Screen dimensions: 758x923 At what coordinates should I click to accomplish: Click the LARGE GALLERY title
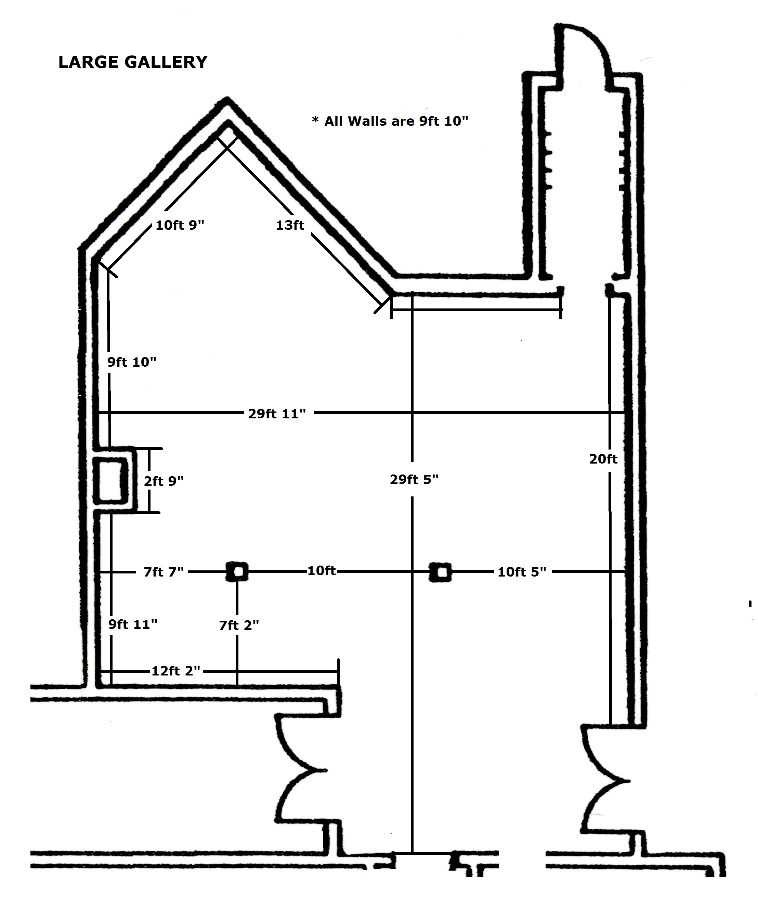pyautogui.click(x=133, y=62)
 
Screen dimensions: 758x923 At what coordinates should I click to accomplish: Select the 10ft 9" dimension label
pyautogui.click(x=180, y=225)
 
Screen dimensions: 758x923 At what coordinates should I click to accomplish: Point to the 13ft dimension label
pyautogui.click(x=290, y=225)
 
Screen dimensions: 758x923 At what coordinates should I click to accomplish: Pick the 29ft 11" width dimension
pyautogui.click(x=277, y=414)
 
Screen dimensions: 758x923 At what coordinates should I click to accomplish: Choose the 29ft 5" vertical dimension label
pyautogui.click(x=414, y=479)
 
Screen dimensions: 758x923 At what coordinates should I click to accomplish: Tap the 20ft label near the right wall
pyautogui.click(x=603, y=459)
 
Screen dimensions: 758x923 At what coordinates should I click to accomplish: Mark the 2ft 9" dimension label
pyautogui.click(x=164, y=481)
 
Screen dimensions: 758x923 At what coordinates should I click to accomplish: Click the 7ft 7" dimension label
pyautogui.click(x=164, y=572)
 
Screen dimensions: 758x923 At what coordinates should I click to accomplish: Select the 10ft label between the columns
pyautogui.click(x=322, y=570)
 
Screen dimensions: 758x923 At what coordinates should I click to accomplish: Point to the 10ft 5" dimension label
pyautogui.click(x=522, y=572)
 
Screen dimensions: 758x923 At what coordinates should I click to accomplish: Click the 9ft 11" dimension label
pyautogui.click(x=133, y=624)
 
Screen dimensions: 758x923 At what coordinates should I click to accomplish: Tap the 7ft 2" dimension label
pyautogui.click(x=239, y=625)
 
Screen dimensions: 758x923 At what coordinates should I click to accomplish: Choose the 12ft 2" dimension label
pyautogui.click(x=175, y=670)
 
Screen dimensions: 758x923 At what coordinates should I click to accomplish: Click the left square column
pyautogui.click(x=237, y=571)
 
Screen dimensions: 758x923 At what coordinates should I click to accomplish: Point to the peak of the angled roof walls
pyautogui.click(x=227, y=99)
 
